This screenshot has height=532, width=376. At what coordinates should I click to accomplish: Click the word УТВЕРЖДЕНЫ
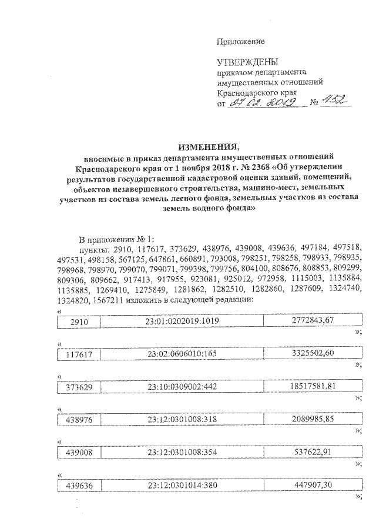coord(247,62)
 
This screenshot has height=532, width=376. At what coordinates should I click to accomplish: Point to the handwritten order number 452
coord(336,103)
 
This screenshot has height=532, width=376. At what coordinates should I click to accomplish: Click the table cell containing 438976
coord(78,419)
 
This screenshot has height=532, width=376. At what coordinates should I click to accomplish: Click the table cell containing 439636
coord(78,486)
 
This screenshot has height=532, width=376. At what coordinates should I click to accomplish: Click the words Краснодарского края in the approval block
coord(256,92)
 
